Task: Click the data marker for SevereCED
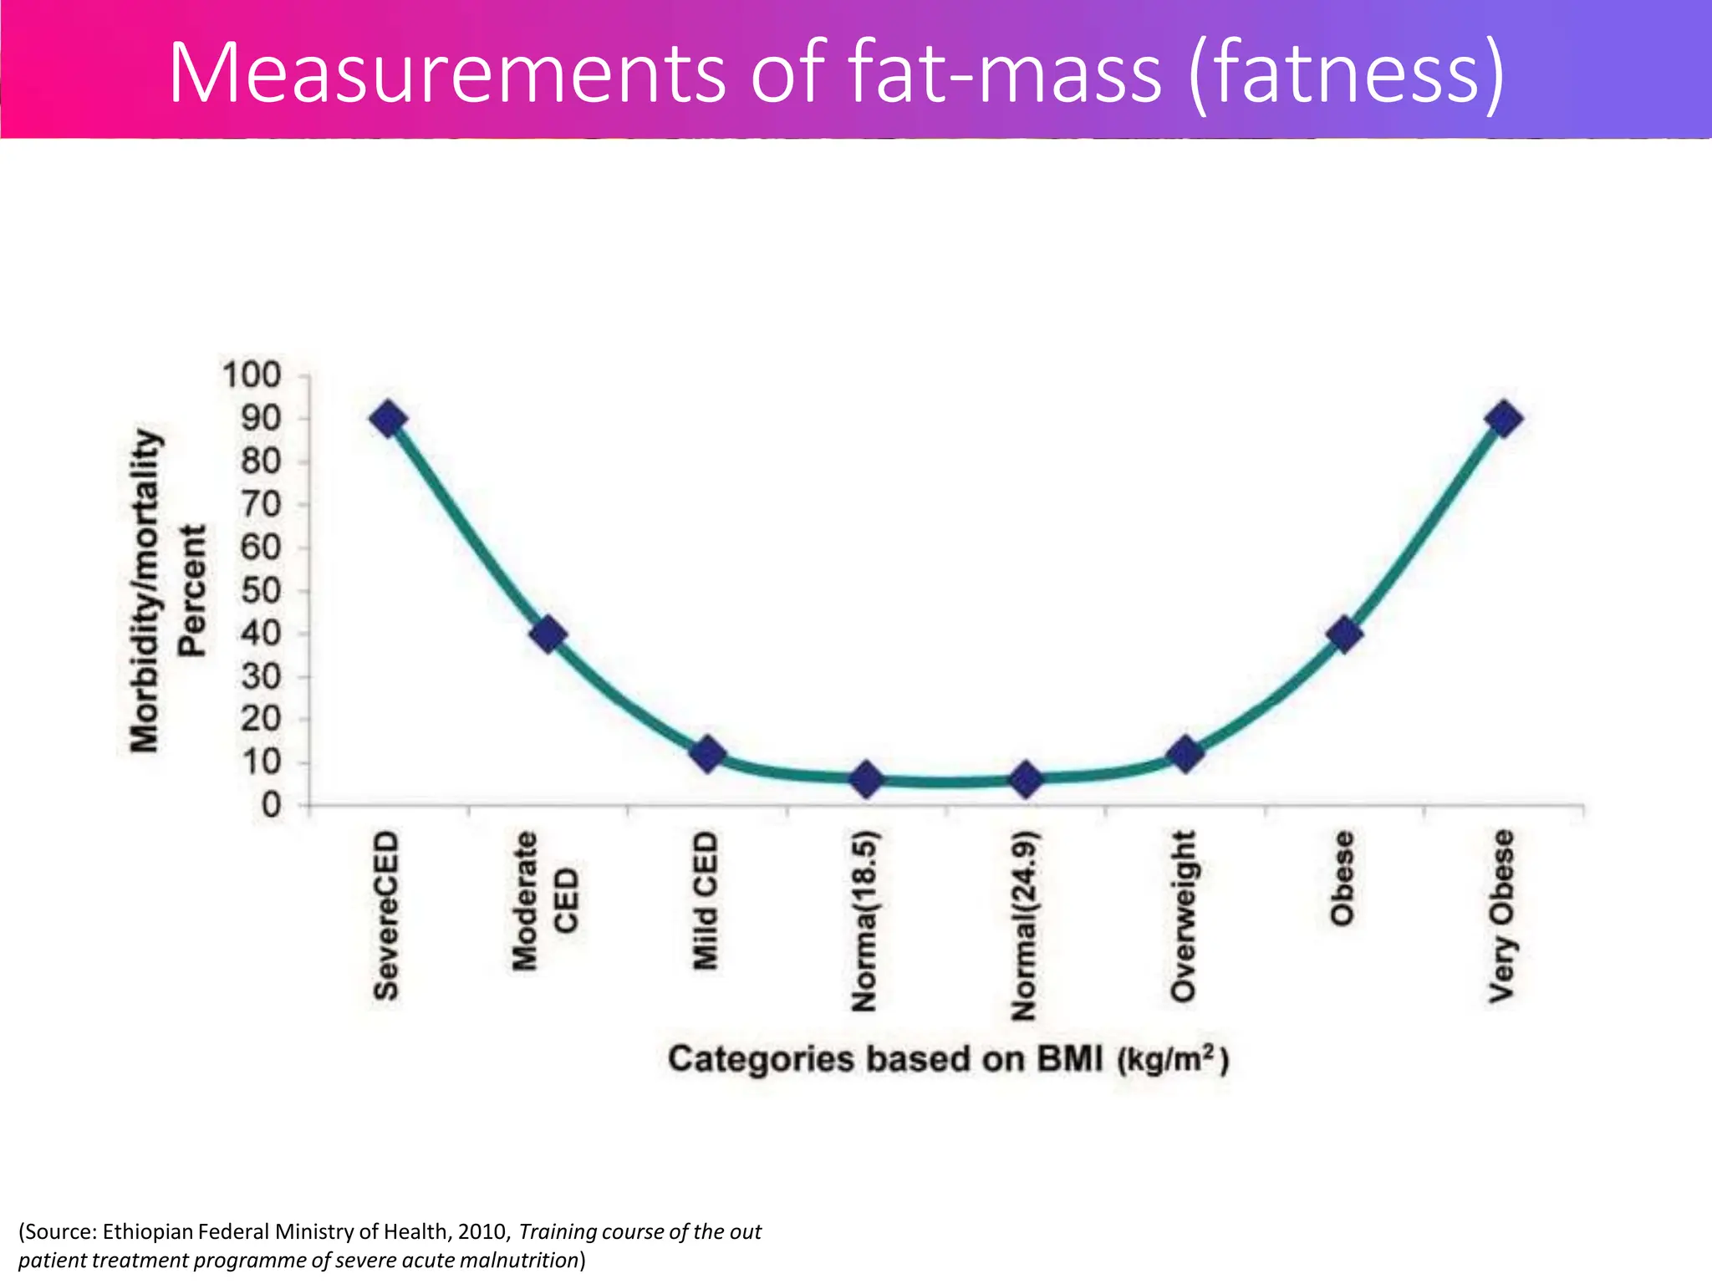click(x=389, y=419)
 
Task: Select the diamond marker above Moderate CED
click(x=548, y=634)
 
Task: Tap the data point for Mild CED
click(x=707, y=754)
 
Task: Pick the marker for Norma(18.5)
click(x=867, y=779)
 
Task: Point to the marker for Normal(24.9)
click(x=1026, y=779)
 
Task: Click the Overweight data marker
click(x=1185, y=754)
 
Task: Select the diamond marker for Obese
click(x=1344, y=634)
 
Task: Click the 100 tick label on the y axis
click(x=252, y=375)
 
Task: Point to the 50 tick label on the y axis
click(x=261, y=591)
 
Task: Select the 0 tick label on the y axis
click(x=271, y=806)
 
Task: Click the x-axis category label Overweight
click(x=1183, y=916)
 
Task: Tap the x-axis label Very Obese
click(x=1502, y=916)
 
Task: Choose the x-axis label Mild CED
click(x=706, y=900)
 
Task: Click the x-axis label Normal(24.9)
click(x=1024, y=926)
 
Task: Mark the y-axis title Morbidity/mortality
click(x=144, y=590)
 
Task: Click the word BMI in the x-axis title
click(x=1070, y=1060)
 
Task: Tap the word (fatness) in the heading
click(x=1347, y=74)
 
